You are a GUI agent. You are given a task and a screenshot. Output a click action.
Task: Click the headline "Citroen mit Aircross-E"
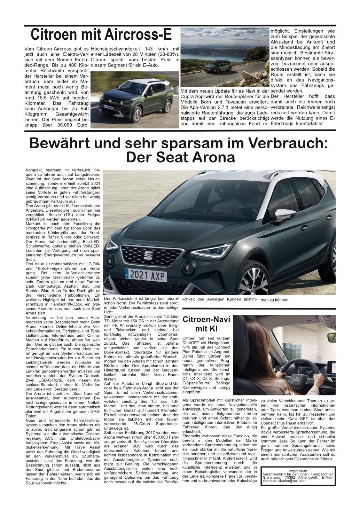(101, 35)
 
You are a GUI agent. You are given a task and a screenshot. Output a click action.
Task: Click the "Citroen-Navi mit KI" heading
(206, 324)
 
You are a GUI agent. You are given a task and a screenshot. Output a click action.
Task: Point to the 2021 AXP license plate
(146, 276)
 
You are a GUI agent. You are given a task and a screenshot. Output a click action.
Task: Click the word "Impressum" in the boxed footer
(297, 471)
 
